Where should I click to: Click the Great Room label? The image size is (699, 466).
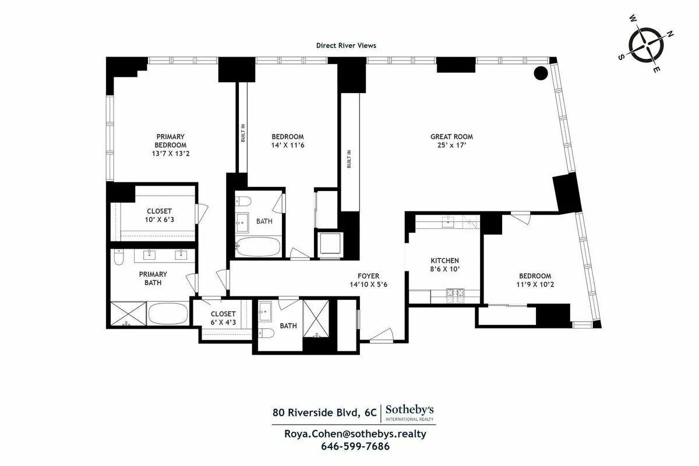451,137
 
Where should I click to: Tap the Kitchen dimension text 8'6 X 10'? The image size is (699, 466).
445,270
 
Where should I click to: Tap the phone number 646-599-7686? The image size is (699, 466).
355,447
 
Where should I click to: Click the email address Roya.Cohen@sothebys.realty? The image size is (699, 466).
355,434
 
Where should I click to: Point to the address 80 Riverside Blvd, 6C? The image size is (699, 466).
324,413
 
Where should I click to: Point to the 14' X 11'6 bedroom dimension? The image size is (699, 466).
288,145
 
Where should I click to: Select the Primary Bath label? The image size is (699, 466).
153,278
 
